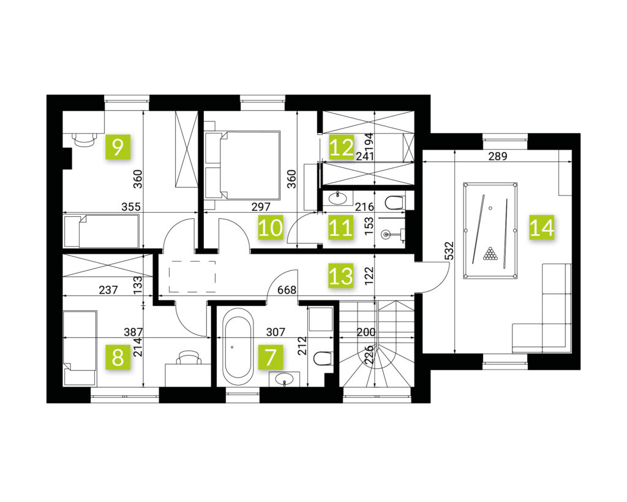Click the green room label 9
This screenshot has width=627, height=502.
click(x=118, y=147)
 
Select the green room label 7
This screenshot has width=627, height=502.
click(x=271, y=357)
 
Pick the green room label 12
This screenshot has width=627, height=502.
click(x=342, y=147)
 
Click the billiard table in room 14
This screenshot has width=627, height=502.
click(x=490, y=230)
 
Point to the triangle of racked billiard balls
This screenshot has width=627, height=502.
click(x=489, y=254)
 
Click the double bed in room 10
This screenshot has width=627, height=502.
click(x=242, y=164)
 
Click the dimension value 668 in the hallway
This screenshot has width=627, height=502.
click(x=287, y=289)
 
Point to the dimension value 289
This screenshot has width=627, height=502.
click(x=497, y=156)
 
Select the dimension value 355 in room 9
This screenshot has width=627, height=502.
click(x=131, y=207)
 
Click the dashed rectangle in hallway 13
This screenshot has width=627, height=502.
click(x=192, y=276)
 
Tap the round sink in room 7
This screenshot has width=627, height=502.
click(x=284, y=378)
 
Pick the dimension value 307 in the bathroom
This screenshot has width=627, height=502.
click(x=276, y=332)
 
